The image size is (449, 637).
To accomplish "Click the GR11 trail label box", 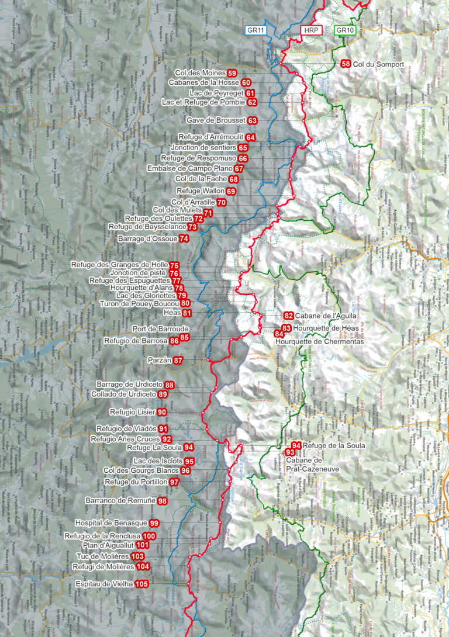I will coord(255,30).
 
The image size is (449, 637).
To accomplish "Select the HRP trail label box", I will coord(309,30).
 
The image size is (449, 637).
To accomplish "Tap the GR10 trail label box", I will coord(344,30).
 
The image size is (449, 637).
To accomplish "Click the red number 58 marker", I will coord(346,64).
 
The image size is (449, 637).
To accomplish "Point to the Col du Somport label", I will coord(378,64).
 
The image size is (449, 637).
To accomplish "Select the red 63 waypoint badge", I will coord(253,120).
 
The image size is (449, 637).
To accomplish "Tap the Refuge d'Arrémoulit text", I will coord(211,137).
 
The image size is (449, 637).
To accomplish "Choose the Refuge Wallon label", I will coord(200,191).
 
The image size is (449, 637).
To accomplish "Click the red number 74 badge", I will coord(184,238).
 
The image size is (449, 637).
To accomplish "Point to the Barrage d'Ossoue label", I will coord(147,238).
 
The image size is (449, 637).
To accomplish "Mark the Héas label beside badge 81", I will coord(174,313).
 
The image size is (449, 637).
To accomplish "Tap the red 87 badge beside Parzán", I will coord(178,361).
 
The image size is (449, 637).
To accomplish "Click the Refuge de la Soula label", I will coord(334,445).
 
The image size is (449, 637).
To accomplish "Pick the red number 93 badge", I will coord(290,452).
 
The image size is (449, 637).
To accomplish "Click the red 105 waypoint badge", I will coord(141,584).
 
